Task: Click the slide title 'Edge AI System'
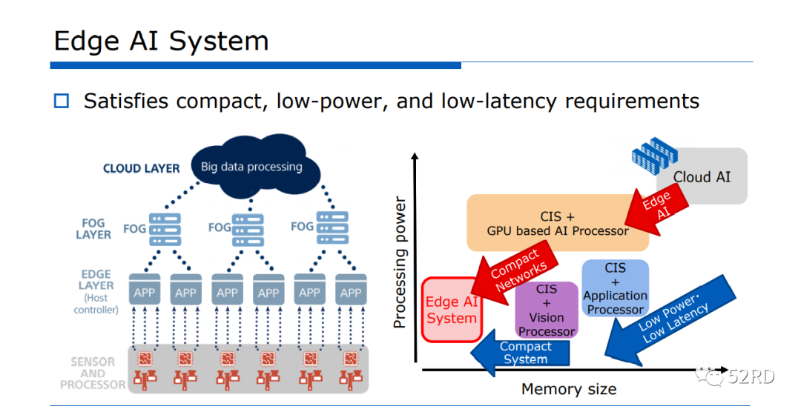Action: (161, 41)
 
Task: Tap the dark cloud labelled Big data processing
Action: (252, 166)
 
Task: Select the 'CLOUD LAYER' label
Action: (141, 168)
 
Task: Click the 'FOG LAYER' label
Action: (93, 228)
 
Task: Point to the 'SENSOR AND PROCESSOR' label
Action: (93, 373)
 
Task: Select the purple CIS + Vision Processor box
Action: (547, 310)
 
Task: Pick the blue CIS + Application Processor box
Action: (615, 288)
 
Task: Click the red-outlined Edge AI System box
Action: (451, 310)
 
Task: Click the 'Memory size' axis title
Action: (569, 389)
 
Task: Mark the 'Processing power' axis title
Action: (400, 262)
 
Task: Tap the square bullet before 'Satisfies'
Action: (61, 101)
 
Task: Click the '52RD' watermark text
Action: (751, 376)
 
